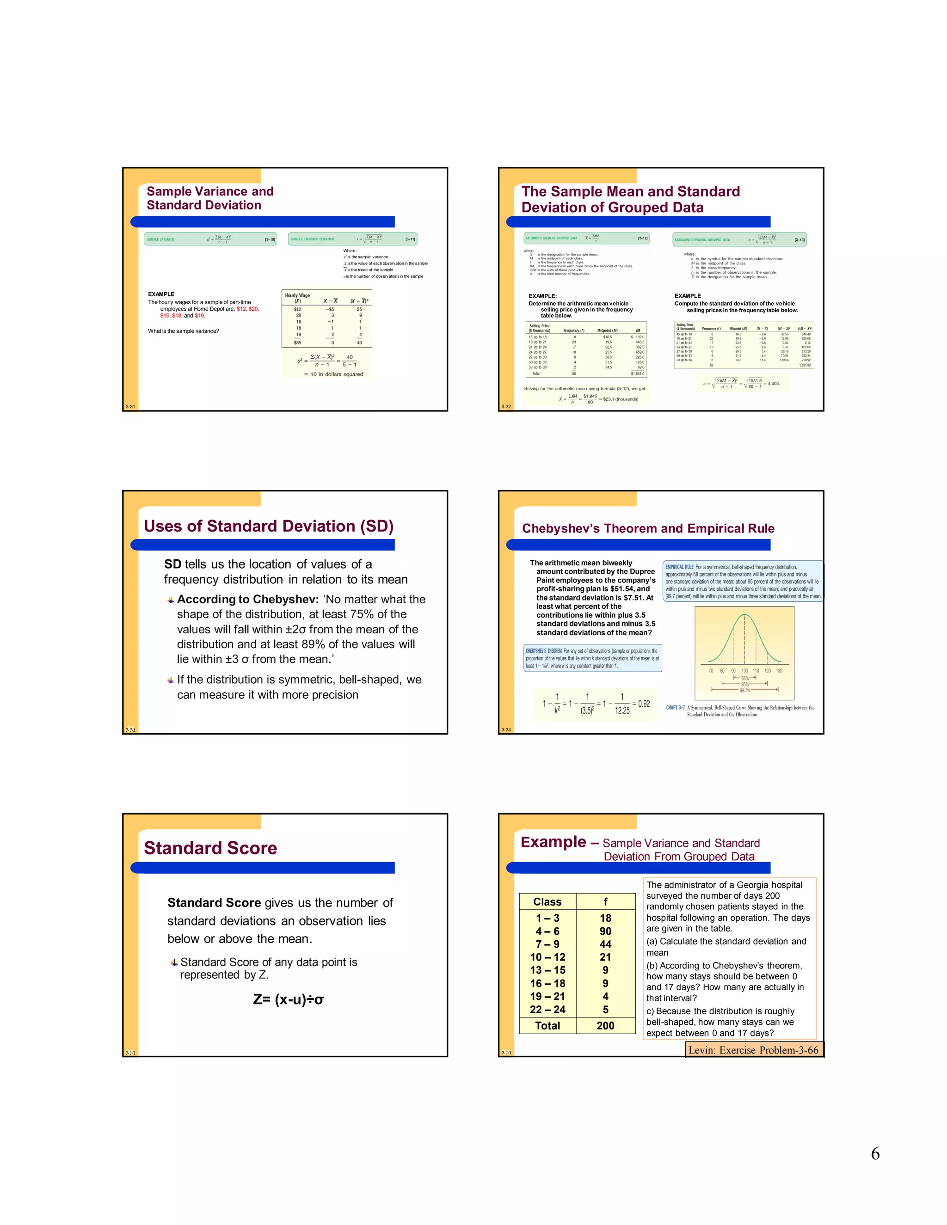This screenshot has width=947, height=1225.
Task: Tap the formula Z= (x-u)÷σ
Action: pos(289,999)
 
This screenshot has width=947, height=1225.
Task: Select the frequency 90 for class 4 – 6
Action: pos(605,931)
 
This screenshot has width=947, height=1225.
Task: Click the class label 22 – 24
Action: pos(547,1010)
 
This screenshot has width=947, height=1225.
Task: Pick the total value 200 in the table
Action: pos(605,1026)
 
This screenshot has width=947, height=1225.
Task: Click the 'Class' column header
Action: pos(547,902)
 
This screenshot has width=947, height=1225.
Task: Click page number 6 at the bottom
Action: pos(874,1154)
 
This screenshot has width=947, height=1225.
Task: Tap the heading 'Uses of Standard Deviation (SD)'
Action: pos(269,526)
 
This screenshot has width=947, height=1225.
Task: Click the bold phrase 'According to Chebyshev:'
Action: pos(248,599)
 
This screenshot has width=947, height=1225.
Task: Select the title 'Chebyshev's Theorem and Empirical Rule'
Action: pos(648,528)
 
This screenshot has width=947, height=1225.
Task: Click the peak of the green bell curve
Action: pos(744,615)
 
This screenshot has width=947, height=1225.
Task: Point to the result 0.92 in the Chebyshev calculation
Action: pos(644,704)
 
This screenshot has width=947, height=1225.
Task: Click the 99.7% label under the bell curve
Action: pos(744,691)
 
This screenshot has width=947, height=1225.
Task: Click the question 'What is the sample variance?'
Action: pos(184,331)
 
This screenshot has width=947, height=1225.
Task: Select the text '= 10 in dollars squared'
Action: pos(333,374)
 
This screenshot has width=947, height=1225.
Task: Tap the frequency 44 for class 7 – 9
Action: pos(605,944)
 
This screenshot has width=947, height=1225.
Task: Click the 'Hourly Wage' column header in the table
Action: pos(297,295)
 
